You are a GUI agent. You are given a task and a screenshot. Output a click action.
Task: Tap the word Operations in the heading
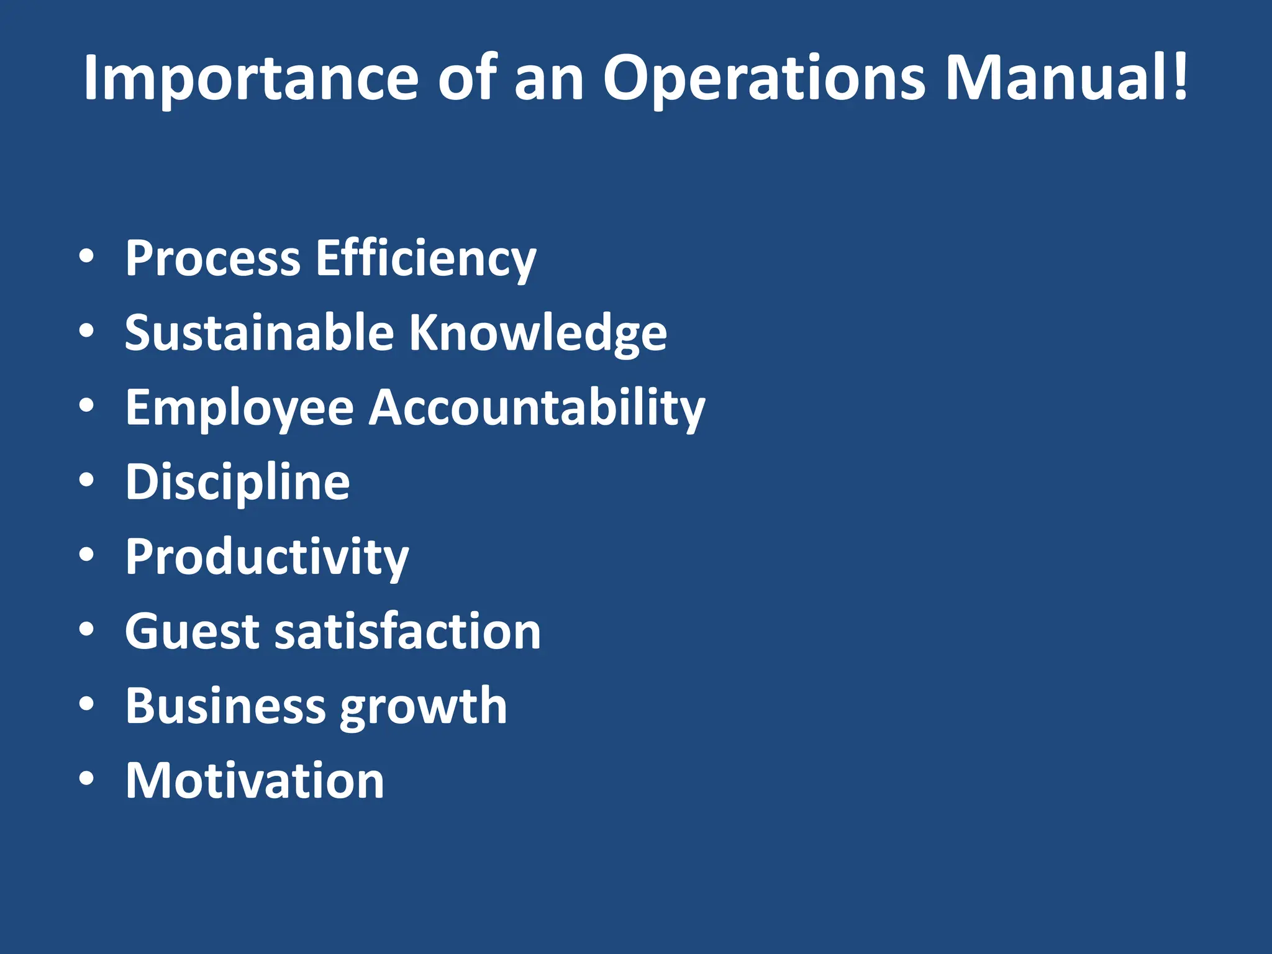point(764,79)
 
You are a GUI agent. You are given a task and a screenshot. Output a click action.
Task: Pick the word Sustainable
point(259,332)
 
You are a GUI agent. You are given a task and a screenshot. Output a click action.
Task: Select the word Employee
point(239,408)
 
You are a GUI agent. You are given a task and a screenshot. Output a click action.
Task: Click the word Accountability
point(537,408)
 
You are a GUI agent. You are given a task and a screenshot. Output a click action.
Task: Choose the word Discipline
point(237,483)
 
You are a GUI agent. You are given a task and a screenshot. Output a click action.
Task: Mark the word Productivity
point(266,557)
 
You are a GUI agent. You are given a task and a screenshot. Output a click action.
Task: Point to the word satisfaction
point(407,632)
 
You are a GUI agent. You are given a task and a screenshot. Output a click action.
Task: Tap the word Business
point(225,706)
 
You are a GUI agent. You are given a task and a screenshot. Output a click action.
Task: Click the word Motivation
point(255,781)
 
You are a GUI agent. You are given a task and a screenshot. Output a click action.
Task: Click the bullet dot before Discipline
point(87,480)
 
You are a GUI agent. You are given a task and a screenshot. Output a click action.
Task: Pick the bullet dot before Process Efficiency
point(87,257)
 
